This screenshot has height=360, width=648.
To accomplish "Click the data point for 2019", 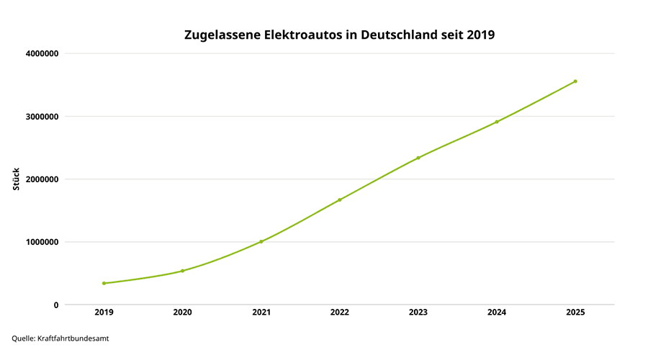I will point(104,283).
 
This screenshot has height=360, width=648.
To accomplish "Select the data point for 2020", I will point(182,271).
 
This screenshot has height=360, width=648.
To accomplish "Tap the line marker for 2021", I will point(261,241).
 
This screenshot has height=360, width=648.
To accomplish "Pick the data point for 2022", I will point(339,199).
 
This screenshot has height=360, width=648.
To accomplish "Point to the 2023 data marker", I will point(418,158).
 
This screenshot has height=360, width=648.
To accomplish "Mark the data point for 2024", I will point(497,122).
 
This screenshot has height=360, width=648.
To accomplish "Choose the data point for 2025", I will point(575,81).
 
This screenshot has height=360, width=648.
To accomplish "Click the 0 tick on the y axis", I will point(55,305).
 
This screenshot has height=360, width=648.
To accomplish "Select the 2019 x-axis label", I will point(104,312).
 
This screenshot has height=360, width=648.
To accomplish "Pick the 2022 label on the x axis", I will point(339,312).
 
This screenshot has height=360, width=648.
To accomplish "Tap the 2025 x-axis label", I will point(575,312).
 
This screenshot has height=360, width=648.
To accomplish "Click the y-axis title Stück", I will point(16,179).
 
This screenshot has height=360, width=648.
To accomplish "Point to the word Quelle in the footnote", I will point(24,338).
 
